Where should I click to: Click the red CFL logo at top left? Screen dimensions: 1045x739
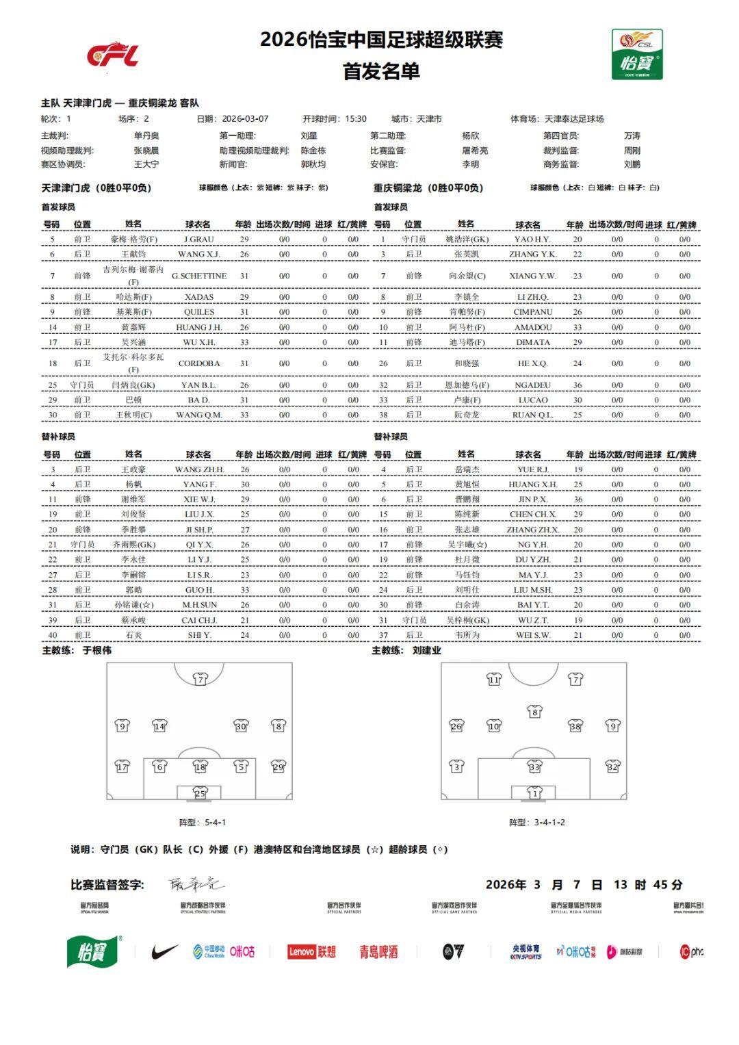113,55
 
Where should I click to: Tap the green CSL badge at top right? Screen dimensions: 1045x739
636,54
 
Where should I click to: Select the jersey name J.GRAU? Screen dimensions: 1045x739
198,240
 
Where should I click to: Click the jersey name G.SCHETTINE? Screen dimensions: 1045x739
198,276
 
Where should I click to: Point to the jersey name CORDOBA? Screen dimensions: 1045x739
198,363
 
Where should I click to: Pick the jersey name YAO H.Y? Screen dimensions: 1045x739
532,240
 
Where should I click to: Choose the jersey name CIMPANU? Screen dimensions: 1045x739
532,312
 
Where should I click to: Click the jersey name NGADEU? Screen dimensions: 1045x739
532,385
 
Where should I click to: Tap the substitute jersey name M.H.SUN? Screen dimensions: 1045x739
199,605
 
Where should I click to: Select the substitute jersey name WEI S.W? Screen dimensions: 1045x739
532,635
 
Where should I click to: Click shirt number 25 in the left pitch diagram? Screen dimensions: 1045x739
199,793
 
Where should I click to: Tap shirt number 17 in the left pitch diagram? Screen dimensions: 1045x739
122,767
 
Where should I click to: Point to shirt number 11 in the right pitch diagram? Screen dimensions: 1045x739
494,679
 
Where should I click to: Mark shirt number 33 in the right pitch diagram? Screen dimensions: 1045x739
534,767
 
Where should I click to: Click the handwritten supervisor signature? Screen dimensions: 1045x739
195,884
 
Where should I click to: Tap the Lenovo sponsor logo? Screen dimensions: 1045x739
312,951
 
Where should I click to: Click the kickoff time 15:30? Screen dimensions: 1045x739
356,119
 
